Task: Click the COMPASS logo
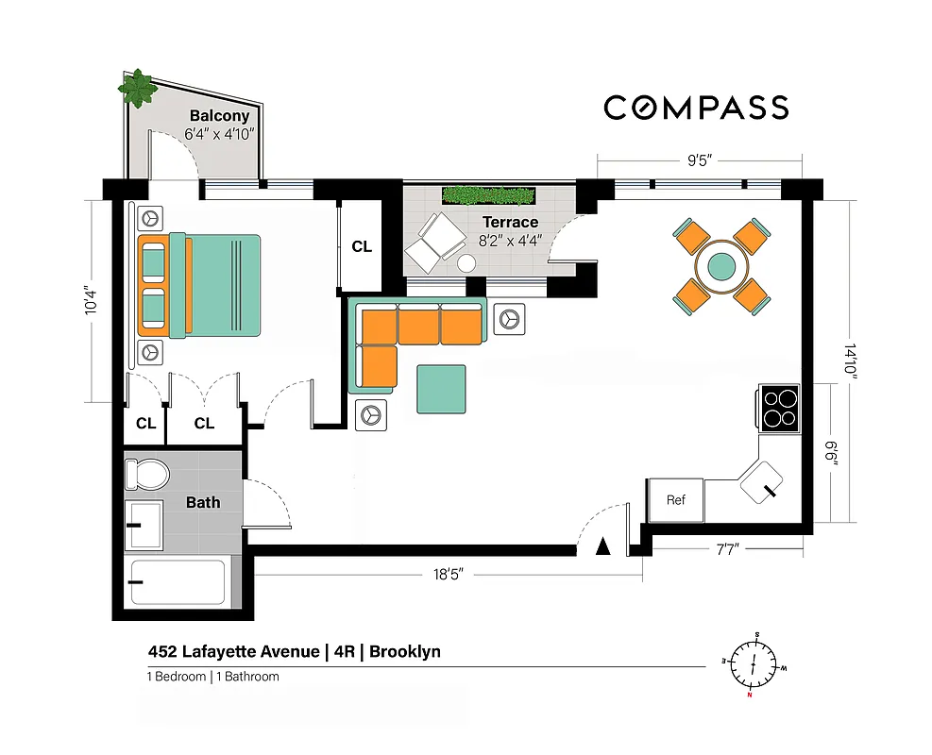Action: tap(696, 108)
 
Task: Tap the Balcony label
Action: tap(219, 116)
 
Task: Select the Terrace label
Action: tap(511, 223)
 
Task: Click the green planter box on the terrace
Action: tap(487, 195)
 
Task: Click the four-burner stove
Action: tap(780, 409)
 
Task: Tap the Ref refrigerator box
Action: tap(675, 500)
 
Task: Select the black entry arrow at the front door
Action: tap(604, 545)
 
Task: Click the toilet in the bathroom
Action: tap(146, 474)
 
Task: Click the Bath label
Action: tap(203, 502)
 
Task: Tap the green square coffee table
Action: tap(442, 390)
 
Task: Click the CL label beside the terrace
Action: tap(362, 247)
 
